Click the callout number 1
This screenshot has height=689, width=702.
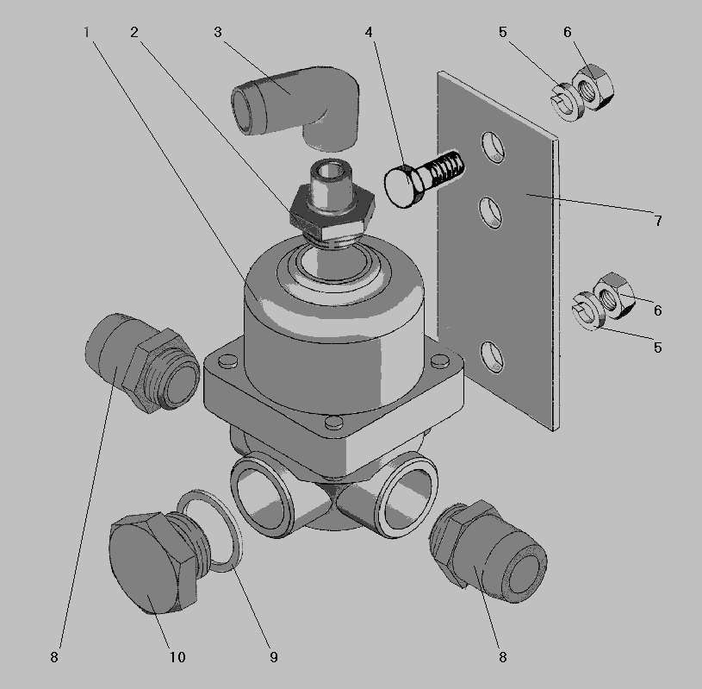tap(86, 32)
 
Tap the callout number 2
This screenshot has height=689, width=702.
tap(134, 32)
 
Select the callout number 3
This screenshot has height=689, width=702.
tap(218, 32)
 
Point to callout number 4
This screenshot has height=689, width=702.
tap(369, 32)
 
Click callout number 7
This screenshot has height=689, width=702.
tap(658, 221)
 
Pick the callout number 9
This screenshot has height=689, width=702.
tap(274, 657)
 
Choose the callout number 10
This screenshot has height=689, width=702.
tap(177, 657)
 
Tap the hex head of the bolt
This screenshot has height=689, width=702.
tap(404, 185)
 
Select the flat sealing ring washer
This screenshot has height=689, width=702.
tap(209, 530)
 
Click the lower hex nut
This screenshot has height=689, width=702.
tap(615, 296)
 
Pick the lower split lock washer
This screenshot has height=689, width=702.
tap(588, 310)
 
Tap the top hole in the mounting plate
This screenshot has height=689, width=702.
tap(493, 147)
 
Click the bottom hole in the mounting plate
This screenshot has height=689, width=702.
tap(493, 357)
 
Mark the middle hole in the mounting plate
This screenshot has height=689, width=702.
tap(491, 213)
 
